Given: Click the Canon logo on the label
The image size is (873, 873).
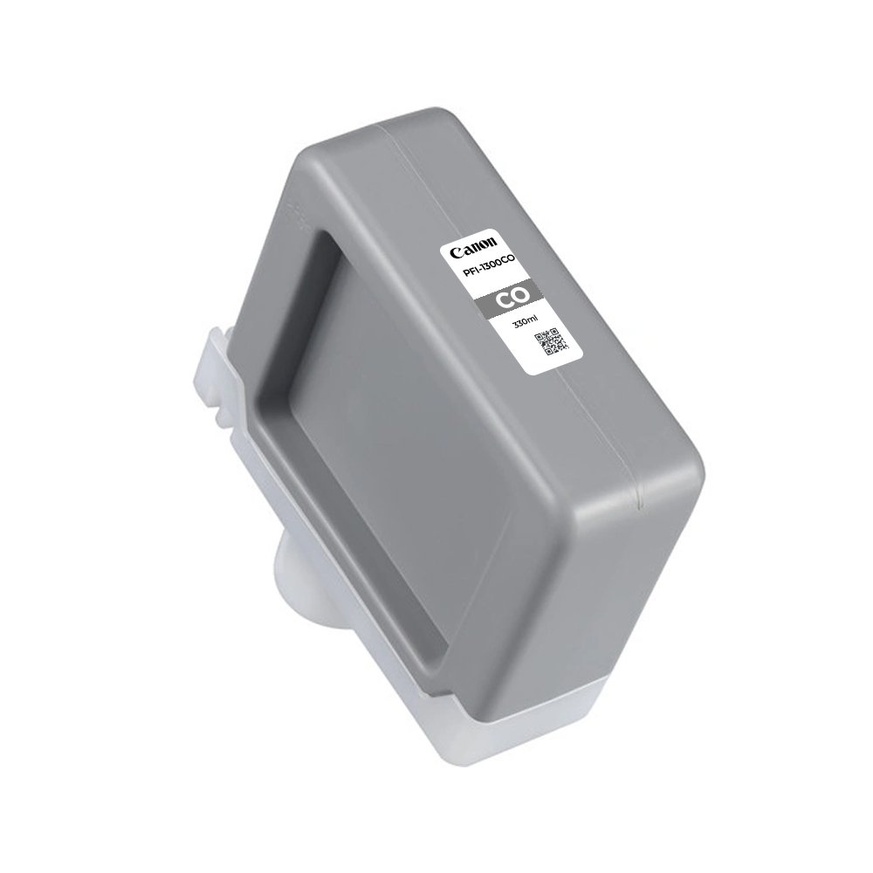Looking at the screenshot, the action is pos(472,247).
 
